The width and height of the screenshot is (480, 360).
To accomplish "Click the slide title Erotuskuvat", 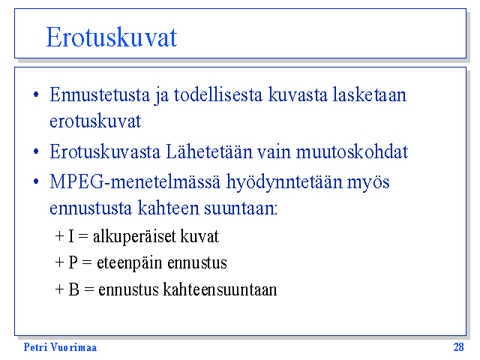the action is click(x=112, y=37).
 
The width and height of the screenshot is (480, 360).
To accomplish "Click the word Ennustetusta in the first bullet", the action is click(x=100, y=94).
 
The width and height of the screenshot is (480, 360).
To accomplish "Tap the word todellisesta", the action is click(x=218, y=94).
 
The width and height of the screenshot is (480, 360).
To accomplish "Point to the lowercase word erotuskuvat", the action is click(x=95, y=121).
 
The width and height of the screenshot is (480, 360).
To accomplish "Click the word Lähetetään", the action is click(x=209, y=151).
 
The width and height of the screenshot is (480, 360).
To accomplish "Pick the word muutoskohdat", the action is click(x=352, y=151).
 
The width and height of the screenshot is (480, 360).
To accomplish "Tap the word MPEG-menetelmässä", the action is click(x=135, y=181).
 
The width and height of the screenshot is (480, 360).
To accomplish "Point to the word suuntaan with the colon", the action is click(x=241, y=208).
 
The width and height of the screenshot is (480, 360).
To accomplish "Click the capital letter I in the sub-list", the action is click(x=71, y=236).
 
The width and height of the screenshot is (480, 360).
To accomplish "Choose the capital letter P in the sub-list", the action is click(x=73, y=262).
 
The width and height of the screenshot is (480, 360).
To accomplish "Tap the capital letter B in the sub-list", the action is click(x=73, y=289).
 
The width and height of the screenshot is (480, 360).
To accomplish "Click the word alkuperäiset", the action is click(x=134, y=237).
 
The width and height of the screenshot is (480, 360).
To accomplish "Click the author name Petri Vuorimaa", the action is click(x=60, y=347).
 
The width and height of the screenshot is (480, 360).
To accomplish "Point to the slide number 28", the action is click(x=458, y=347).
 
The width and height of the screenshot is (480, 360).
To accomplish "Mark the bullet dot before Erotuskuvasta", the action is click(x=36, y=151).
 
